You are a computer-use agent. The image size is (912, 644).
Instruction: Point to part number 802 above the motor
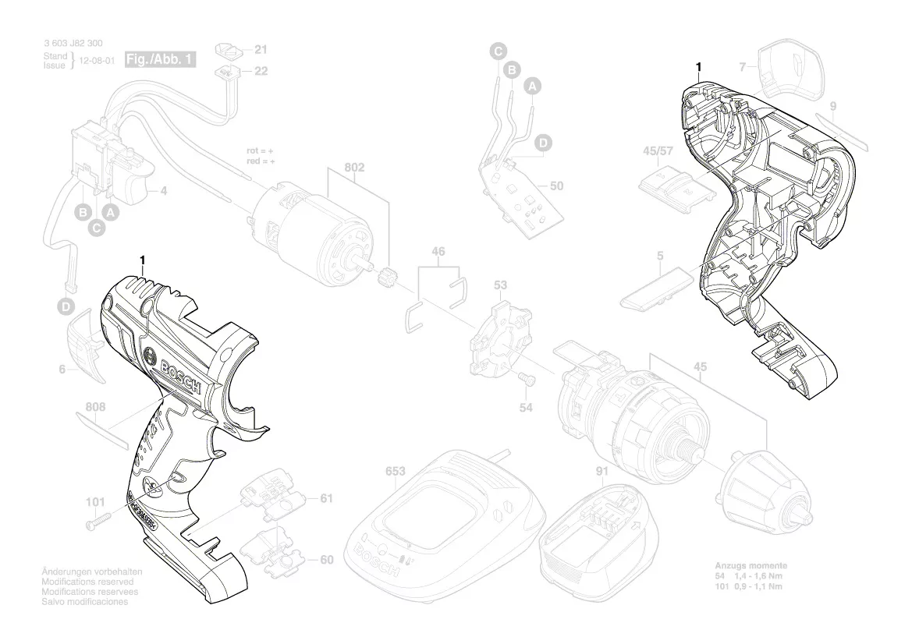tap(355, 168)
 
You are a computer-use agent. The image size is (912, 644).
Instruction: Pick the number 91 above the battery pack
tap(601, 471)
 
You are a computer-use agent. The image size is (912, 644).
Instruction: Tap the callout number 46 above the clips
tap(438, 252)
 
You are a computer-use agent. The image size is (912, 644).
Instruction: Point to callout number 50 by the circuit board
tap(556, 186)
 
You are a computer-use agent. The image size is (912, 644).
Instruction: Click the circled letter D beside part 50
tap(543, 143)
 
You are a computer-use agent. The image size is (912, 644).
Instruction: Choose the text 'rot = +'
tap(260, 150)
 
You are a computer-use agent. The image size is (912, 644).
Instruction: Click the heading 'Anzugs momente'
tap(751, 565)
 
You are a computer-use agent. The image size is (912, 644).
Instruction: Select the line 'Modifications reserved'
tap(87, 582)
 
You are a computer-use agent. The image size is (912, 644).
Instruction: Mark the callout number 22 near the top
tap(261, 70)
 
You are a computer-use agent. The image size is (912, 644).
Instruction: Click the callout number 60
tap(326, 560)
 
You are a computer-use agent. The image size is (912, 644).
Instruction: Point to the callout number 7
tap(743, 65)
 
